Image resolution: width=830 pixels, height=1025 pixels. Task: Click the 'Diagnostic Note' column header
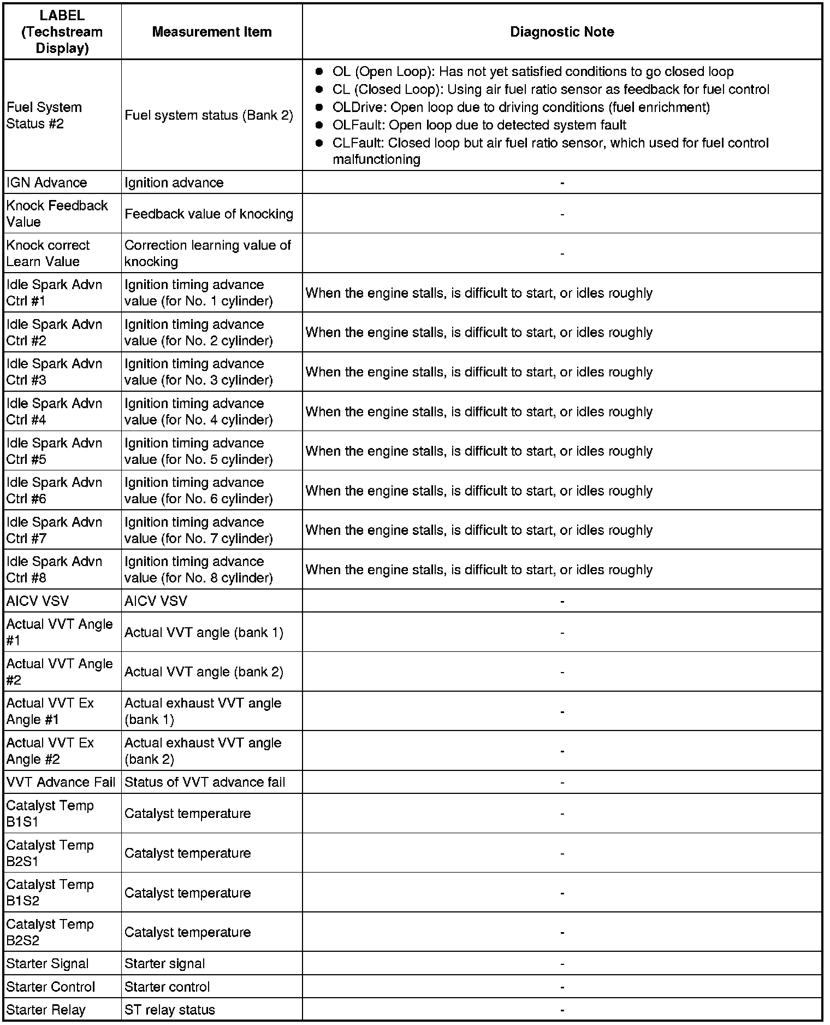562,32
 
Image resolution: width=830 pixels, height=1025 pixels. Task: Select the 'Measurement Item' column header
212,32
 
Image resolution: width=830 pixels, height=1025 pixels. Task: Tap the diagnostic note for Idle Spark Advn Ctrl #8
479,570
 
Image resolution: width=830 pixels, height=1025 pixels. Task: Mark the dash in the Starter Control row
562,987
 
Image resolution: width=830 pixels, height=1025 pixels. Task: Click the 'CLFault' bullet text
550,151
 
